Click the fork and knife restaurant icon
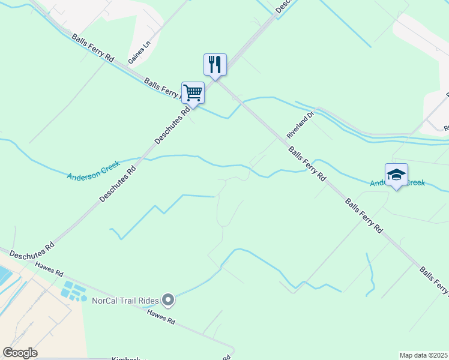point(215,64)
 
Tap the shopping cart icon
point(193,93)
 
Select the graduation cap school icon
point(396,175)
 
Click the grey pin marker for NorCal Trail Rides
point(168,299)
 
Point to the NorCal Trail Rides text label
point(125,299)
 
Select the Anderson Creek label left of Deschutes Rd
point(94,172)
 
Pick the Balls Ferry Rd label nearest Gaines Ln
point(92,48)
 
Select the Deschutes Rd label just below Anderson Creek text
point(118,184)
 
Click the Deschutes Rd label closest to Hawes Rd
point(32,250)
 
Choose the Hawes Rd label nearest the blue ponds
point(49,268)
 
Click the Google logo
point(20,352)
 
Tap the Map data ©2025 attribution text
point(423,355)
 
